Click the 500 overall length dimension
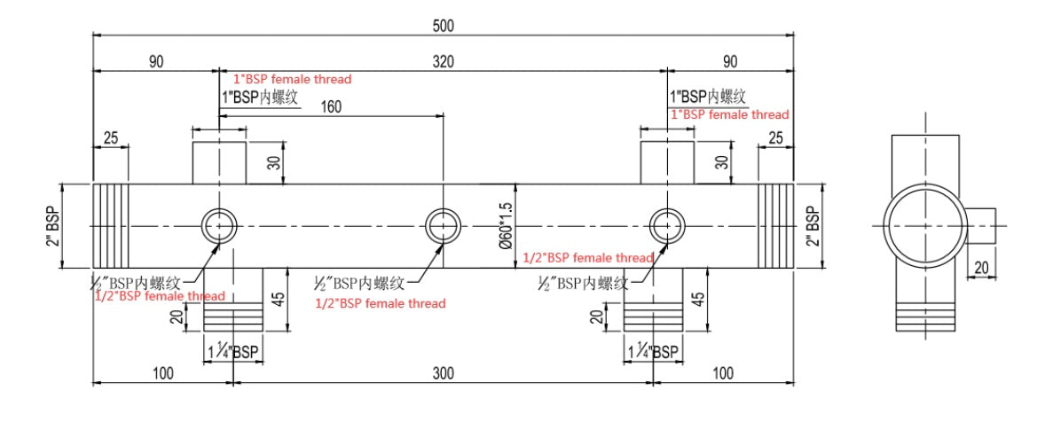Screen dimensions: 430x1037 [444, 26]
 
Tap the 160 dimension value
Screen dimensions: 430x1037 [330, 106]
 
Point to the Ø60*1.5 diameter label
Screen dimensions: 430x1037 [507, 227]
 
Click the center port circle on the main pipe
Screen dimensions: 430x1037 [443, 225]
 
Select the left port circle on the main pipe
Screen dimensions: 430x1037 [218, 225]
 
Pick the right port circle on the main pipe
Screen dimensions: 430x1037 [667, 225]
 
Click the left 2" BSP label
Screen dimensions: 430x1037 [54, 226]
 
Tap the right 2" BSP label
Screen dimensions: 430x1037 [811, 226]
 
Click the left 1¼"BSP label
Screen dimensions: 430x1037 [232, 352]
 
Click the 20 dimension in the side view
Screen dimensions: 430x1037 [982, 266]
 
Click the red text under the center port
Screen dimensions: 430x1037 [381, 303]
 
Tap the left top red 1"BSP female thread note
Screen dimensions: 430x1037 [292, 79]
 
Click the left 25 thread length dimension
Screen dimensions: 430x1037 [111, 137]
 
